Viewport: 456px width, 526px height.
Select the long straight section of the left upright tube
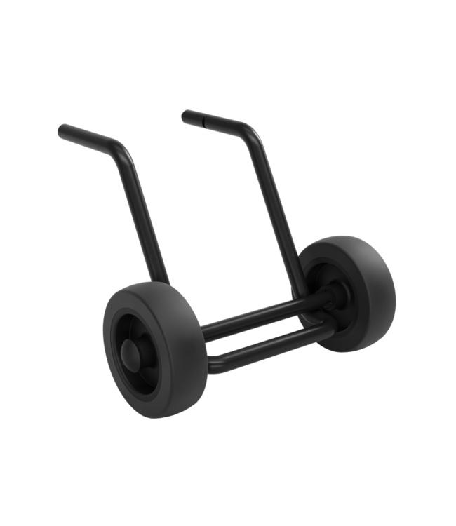tap(143, 224)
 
